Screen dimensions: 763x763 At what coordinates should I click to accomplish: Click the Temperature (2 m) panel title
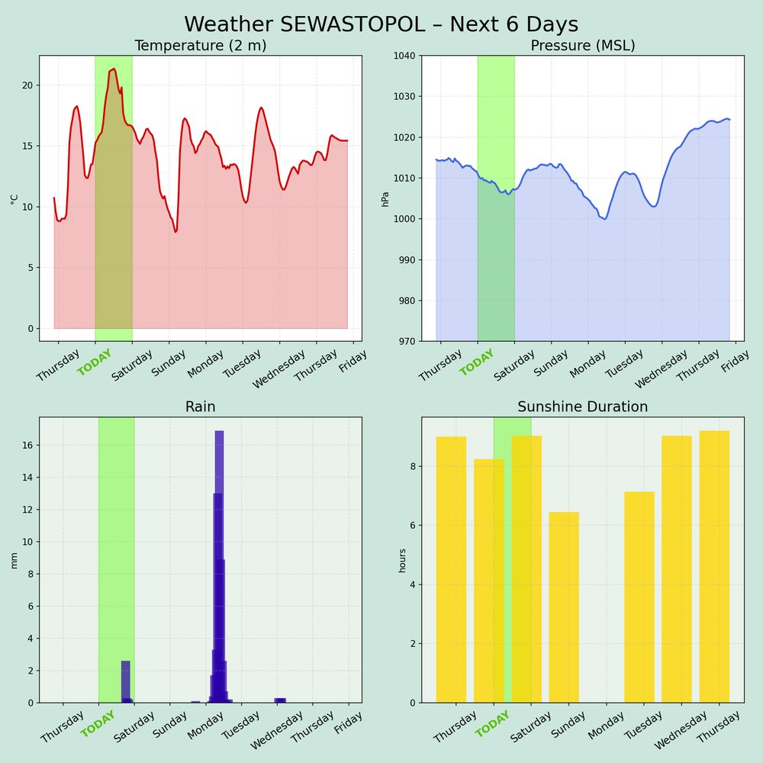200,46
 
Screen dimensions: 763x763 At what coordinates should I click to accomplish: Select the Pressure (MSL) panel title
583,46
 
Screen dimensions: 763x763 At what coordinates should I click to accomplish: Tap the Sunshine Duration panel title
583,407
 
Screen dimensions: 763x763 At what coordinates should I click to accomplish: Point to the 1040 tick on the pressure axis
404,56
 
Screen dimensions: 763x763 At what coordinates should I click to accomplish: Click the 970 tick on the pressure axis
406,341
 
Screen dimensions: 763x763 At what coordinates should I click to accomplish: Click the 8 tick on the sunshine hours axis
412,466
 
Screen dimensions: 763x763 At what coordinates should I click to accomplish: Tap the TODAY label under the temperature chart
95,362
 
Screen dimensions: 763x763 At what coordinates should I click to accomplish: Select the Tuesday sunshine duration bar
639,597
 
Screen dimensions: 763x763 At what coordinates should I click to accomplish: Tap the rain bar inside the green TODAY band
126,681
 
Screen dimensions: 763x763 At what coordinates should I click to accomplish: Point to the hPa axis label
386,198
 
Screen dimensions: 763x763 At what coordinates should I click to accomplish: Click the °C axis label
14,198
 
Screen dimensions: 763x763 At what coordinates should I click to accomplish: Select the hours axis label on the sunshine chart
403,560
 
